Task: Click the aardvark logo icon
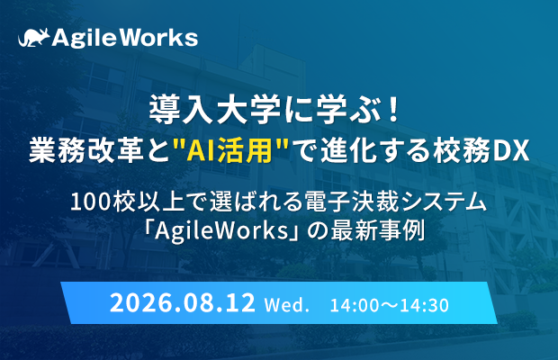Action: click(34, 38)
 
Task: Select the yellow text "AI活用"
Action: click(230, 151)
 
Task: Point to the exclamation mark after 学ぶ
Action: click(393, 111)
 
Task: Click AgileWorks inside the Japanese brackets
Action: click(220, 231)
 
